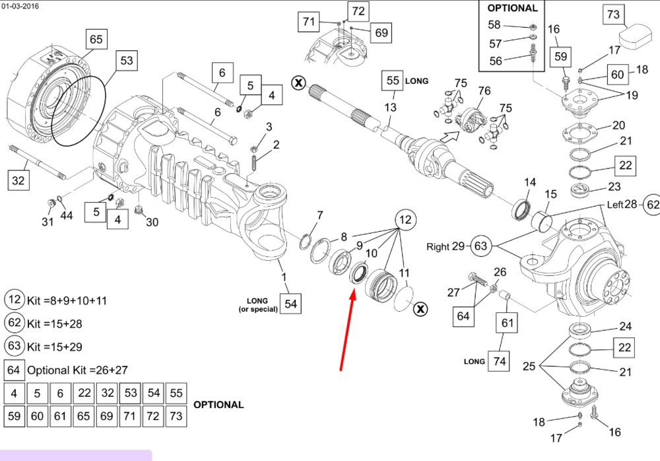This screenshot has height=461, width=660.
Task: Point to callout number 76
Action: tap(484, 90)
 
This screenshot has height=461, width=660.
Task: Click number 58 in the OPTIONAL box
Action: tap(494, 25)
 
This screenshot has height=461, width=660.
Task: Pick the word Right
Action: tap(438, 247)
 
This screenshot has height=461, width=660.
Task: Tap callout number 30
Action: tap(152, 222)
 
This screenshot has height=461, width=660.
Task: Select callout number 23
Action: tap(614, 186)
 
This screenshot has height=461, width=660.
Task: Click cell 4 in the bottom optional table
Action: tap(14, 394)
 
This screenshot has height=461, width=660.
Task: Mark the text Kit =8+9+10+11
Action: tap(67, 301)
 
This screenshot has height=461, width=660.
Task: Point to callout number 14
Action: tap(530, 182)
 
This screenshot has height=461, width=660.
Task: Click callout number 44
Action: tap(67, 216)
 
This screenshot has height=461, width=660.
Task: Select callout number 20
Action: tap(618, 125)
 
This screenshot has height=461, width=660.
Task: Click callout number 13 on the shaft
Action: tap(391, 108)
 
